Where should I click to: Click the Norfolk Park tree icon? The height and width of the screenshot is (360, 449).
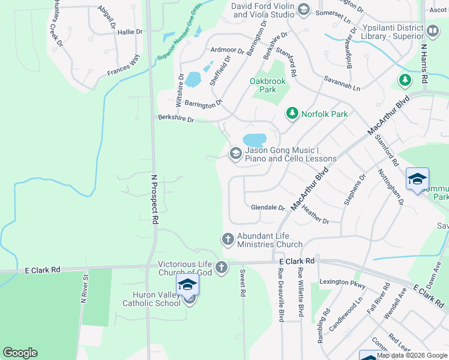pyautogui.click(x=292, y=113)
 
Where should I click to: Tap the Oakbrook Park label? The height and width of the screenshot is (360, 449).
pyautogui.click(x=263, y=85)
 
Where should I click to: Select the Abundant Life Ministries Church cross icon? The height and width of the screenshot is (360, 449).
pyautogui.click(x=228, y=239)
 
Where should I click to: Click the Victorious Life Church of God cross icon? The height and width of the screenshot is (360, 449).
pyautogui.click(x=221, y=267)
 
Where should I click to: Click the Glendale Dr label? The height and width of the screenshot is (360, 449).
pyautogui.click(x=268, y=208)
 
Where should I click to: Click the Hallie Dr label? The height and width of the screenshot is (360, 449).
pyautogui.click(x=130, y=32)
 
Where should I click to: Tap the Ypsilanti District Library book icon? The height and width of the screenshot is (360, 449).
pyautogui.click(x=432, y=30)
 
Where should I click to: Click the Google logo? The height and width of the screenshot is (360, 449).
pyautogui.click(x=20, y=353)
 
